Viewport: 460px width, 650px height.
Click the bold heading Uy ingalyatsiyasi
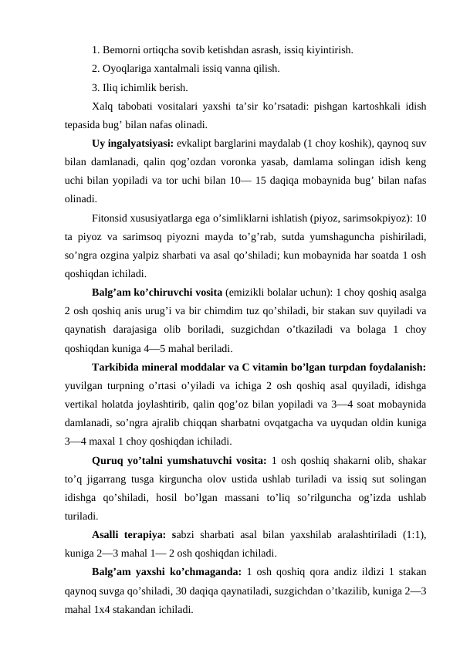click(132, 144)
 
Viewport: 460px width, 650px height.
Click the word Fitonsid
click(111, 218)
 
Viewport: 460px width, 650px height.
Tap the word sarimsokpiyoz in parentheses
click(377, 218)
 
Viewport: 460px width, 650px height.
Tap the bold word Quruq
click(110, 459)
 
